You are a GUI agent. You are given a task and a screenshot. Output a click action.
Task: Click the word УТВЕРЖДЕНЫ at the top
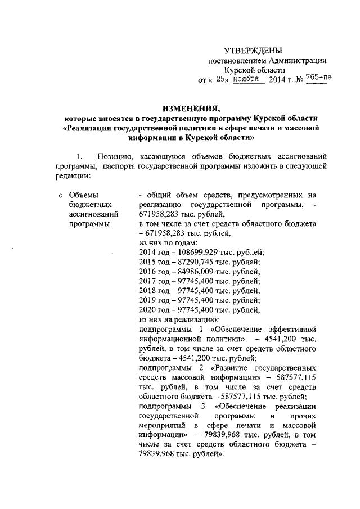click(x=258, y=51)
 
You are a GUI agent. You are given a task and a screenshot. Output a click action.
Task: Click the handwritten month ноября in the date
click(x=249, y=79)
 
